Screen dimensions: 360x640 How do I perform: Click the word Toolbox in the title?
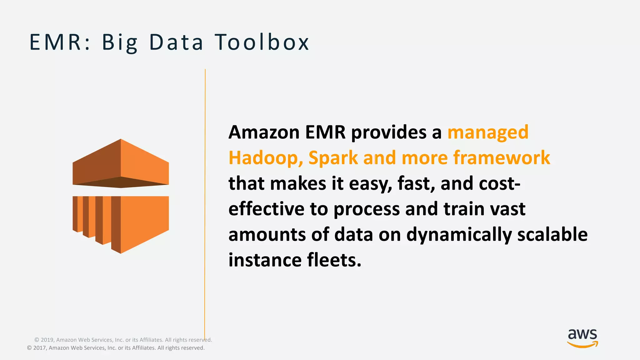coord(262,42)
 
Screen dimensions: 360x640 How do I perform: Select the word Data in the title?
coord(176,42)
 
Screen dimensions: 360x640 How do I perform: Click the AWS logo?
coord(582,338)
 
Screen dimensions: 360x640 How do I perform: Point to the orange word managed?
coord(488,132)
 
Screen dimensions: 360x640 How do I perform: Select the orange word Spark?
coord(333,158)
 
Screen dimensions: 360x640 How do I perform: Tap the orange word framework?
coord(502,157)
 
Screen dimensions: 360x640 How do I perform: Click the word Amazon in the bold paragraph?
coord(264,132)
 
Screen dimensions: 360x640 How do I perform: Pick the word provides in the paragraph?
coord(389,132)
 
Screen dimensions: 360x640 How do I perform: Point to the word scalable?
coord(552,234)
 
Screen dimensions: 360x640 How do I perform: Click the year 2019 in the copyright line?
coord(47,340)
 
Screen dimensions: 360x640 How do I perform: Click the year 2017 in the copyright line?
coord(40,348)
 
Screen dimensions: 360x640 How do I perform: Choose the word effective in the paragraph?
coord(266,209)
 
